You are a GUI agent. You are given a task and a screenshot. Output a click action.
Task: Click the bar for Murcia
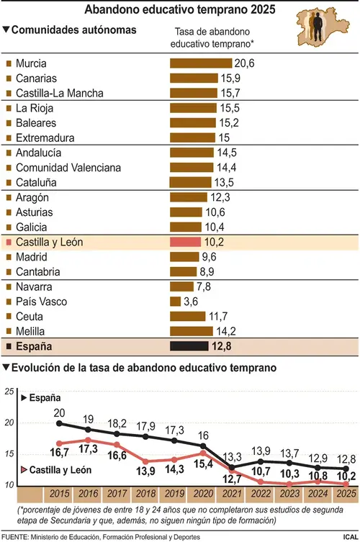click(x=201, y=63)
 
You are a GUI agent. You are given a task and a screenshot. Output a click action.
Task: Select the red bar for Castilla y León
click(x=185, y=242)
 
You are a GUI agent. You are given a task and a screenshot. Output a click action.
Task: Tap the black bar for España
click(x=189, y=346)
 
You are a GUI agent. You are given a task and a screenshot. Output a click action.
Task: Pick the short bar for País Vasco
click(x=176, y=302)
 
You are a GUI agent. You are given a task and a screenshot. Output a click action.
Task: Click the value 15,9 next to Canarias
click(x=230, y=78)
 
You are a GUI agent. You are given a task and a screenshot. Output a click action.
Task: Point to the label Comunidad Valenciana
click(x=68, y=168)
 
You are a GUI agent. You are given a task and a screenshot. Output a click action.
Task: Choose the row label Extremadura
click(x=45, y=138)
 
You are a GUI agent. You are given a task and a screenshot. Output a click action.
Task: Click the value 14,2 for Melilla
click(x=226, y=331)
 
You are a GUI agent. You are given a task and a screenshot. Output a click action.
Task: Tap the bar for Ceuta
click(x=187, y=316)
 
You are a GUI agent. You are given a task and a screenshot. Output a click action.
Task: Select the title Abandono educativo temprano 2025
click(x=180, y=9)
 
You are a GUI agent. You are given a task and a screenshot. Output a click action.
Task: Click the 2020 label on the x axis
click(x=203, y=494)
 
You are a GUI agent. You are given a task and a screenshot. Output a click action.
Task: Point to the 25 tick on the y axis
click(x=9, y=392)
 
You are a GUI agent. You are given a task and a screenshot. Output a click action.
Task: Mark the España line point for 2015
click(x=59, y=423)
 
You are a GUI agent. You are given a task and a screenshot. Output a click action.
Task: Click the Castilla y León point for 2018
click(x=145, y=461)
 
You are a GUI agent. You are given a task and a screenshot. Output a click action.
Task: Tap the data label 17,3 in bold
click(x=88, y=449)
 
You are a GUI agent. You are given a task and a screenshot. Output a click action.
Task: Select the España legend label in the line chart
click(x=45, y=398)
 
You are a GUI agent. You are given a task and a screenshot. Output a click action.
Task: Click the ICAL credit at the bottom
click(x=351, y=537)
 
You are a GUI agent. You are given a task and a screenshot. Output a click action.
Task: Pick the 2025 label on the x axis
click(x=346, y=494)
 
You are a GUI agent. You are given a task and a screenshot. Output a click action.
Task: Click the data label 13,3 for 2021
click(x=232, y=457)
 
